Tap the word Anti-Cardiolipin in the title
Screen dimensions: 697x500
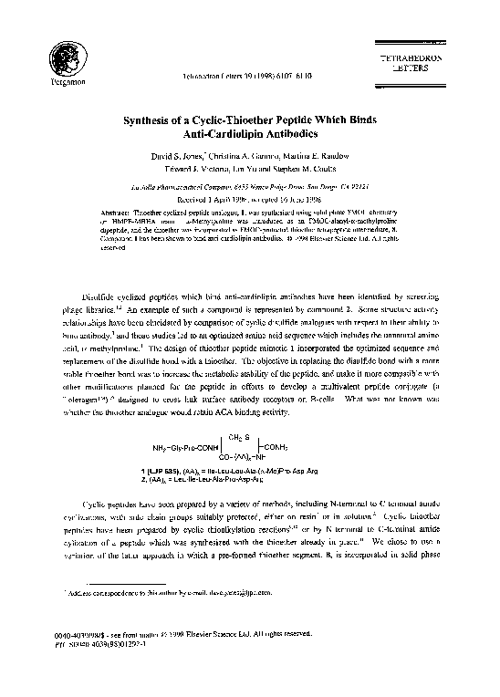point(222,135)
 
